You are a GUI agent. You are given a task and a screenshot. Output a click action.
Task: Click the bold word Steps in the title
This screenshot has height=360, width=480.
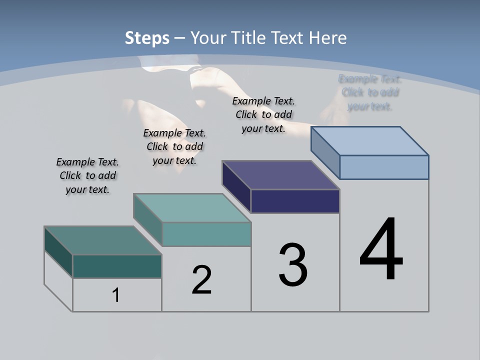click(147, 38)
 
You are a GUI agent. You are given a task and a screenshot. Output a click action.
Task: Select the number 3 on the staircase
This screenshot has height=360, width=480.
click(293, 265)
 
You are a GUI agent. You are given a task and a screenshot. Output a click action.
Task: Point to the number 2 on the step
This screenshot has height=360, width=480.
click(202, 280)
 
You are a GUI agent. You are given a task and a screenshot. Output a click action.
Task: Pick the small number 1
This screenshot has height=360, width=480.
click(116, 295)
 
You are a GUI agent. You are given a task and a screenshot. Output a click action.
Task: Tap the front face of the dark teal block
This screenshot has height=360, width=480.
click(117, 266)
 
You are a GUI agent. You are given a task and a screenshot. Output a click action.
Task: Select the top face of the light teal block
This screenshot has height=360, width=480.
click(192, 208)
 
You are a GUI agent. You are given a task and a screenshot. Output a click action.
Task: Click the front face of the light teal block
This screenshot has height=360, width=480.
click(206, 234)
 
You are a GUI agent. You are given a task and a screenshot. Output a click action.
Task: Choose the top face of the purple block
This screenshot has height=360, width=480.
click(281, 175)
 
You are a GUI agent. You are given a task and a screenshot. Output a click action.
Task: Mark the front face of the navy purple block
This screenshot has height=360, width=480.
click(295, 201)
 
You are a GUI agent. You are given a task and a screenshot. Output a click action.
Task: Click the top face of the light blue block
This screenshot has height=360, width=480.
click(370, 140)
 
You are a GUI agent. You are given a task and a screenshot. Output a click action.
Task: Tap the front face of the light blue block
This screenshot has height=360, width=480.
click(384, 167)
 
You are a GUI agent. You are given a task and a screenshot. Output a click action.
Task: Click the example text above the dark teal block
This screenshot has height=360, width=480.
click(87, 176)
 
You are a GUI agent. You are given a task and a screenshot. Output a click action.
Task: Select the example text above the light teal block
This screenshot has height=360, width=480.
click(174, 147)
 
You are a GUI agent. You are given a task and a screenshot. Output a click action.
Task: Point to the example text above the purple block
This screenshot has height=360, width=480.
click(263, 114)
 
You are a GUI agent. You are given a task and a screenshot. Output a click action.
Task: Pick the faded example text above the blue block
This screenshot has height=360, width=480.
click(370, 92)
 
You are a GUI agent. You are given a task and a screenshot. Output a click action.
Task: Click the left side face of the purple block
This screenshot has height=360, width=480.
click(236, 186)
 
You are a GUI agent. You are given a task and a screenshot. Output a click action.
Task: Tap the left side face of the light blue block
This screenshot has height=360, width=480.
click(325, 151)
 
